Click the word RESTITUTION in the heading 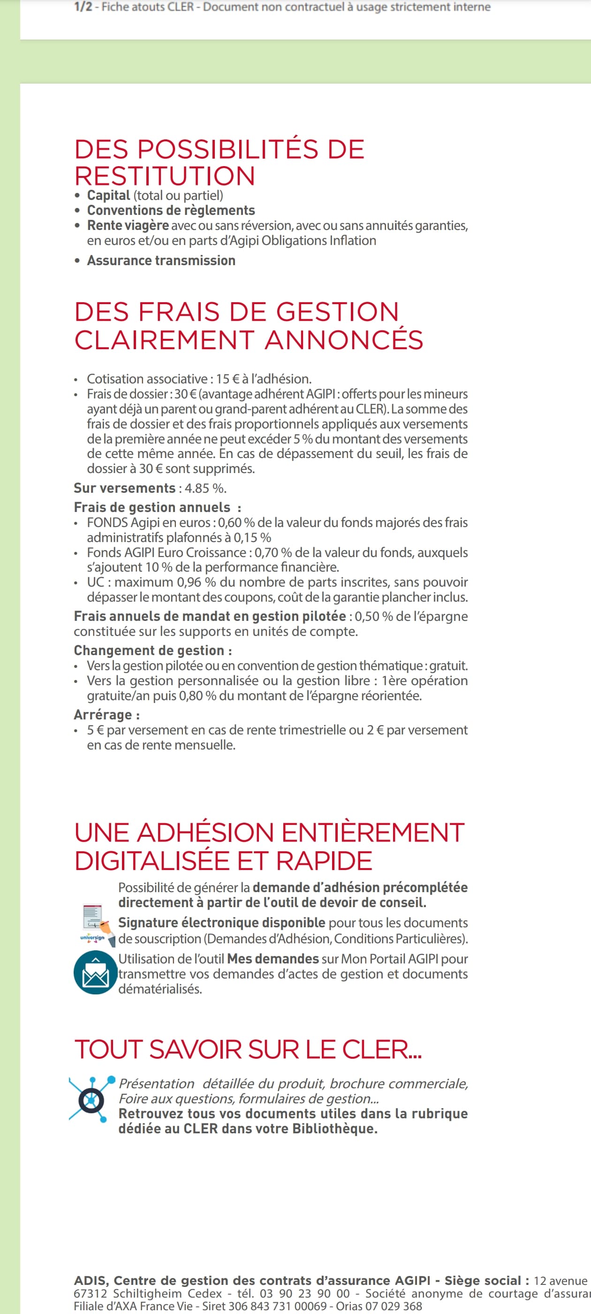pyautogui.click(x=165, y=176)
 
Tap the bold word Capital pyautogui.click(x=109, y=195)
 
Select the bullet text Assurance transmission pyautogui.click(x=161, y=260)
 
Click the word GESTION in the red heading pyautogui.click(x=337, y=312)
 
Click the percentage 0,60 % pyautogui.click(x=236, y=522)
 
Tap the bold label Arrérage pyautogui.click(x=103, y=715)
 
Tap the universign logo pyautogui.click(x=93, y=938)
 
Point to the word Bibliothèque pyautogui.click(x=334, y=1128)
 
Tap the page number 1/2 pyautogui.click(x=83, y=7)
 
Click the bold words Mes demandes pyautogui.click(x=273, y=958)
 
